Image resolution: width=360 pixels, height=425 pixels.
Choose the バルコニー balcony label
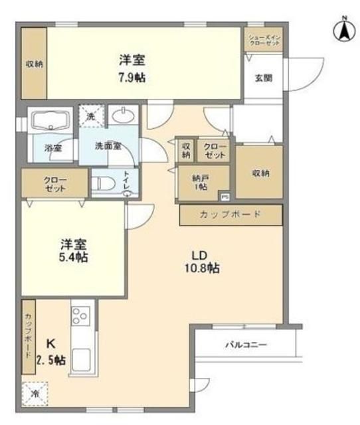[245, 345]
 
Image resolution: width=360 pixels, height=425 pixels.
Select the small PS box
[225, 197]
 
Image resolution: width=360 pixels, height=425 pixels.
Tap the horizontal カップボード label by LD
[230, 214]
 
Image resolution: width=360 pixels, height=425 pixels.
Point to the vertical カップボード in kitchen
[29, 335]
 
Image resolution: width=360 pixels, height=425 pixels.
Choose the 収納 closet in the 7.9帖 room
[35, 64]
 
